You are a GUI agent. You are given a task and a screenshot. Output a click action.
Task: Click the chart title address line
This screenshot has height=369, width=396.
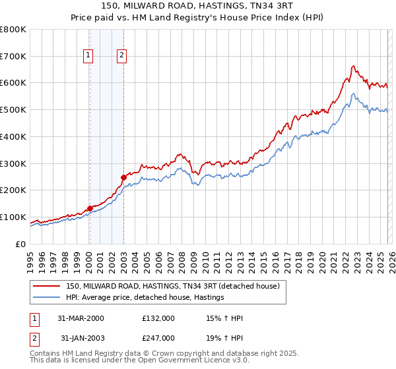pos(197,6)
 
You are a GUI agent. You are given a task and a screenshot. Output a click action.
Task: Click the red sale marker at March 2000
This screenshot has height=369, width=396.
pos(90,208)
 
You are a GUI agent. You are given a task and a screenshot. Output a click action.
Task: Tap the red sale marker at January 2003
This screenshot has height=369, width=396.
pos(123,177)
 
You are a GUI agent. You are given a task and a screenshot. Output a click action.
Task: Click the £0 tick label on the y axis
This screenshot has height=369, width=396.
pos(20,244)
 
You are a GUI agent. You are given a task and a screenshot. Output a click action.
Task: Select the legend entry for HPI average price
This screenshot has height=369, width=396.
pos(145,298)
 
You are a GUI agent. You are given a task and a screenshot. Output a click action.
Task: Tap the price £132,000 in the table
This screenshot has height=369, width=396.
pos(158,318)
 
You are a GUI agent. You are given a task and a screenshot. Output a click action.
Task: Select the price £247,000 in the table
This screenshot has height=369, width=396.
pos(158,338)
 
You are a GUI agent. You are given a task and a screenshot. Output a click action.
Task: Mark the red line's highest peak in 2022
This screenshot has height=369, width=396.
pos(354,66)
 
